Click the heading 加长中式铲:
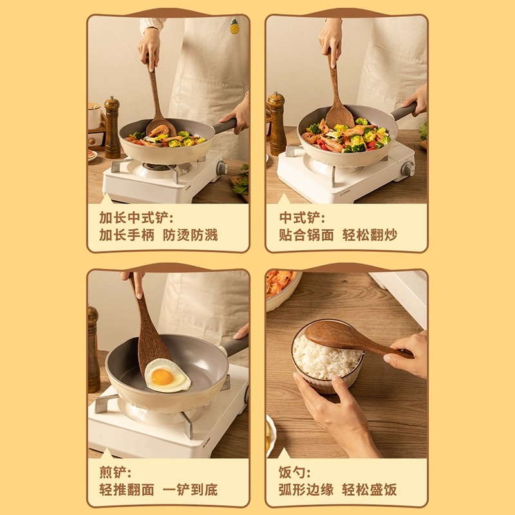(136, 217)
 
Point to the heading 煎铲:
(115, 472)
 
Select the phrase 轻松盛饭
(370, 490)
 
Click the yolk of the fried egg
(162, 377)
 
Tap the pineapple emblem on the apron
(235, 26)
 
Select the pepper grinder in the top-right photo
(277, 122)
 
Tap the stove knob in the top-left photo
(221, 168)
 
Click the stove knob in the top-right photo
(407, 169)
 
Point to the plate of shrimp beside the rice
(281, 287)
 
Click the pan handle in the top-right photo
(402, 112)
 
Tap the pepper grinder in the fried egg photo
(94, 348)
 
